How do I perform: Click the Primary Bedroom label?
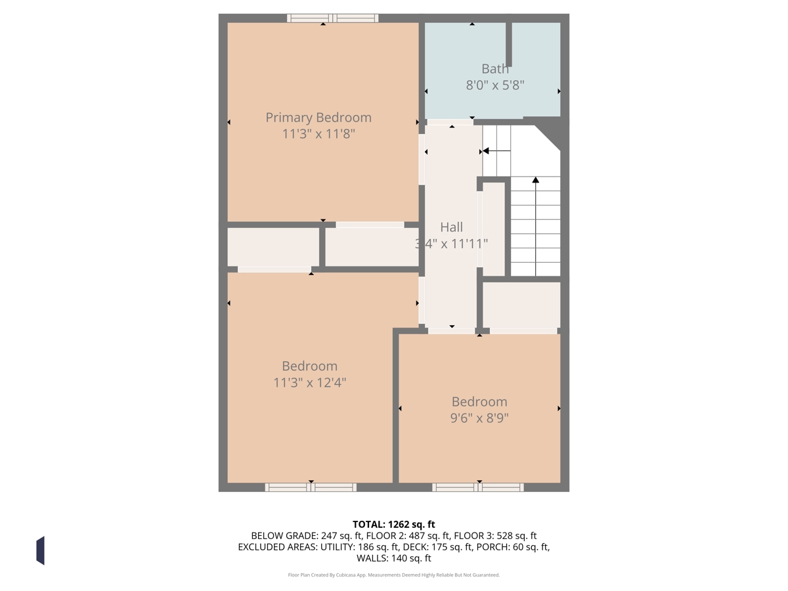[318, 118]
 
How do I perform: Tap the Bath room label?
[495, 68]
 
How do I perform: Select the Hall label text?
[451, 227]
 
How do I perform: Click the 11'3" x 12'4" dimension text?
[309, 383]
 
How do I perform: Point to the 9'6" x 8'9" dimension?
[479, 418]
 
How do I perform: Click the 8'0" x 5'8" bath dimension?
[495, 85]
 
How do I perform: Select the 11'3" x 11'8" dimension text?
[318, 134]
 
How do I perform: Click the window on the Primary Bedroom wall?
[332, 18]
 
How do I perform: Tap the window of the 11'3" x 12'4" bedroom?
[311, 487]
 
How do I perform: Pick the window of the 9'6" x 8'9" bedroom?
[478, 487]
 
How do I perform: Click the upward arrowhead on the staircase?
[536, 179]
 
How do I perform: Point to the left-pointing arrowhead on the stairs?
[486, 151]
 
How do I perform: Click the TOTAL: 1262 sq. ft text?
[394, 525]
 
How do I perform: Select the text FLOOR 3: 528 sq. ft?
[495, 536]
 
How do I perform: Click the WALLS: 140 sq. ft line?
[394, 558]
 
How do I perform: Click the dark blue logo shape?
[41, 550]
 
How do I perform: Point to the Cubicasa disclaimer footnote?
[394, 575]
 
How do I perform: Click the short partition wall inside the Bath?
[509, 45]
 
